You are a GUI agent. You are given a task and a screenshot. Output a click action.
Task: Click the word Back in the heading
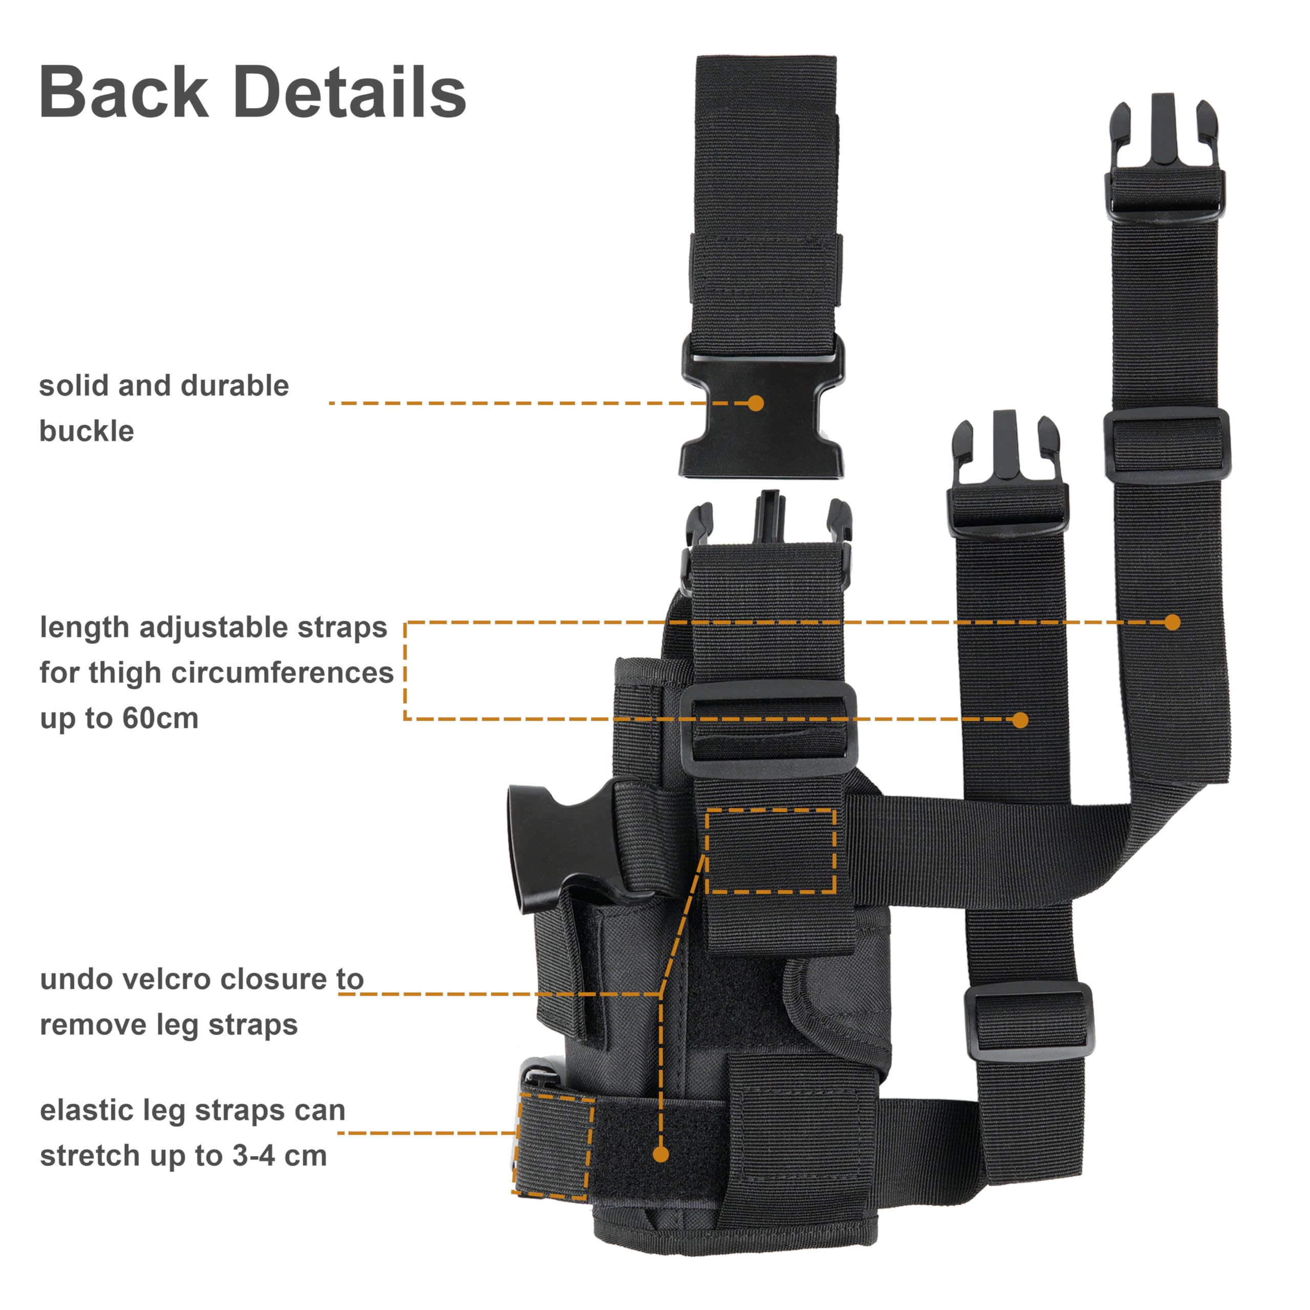coord(124,92)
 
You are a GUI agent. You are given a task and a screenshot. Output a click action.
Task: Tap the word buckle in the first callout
coord(87,431)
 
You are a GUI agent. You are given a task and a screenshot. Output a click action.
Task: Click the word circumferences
coord(283,673)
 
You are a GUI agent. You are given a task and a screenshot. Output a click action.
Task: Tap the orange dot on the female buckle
coord(756,403)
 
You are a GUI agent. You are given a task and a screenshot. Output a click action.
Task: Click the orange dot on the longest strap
coord(1172,622)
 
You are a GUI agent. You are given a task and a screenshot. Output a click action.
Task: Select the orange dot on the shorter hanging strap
coord(1020,719)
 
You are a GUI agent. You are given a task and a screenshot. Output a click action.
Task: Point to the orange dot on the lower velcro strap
coord(661,1154)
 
